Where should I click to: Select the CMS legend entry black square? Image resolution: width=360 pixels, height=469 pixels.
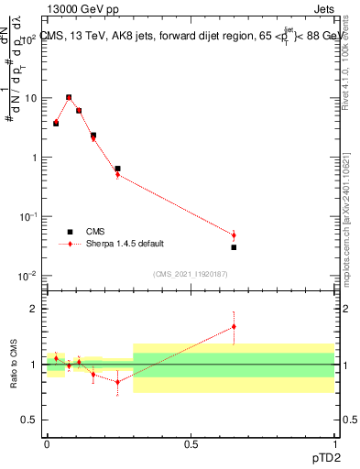pyautogui.click(x=69, y=232)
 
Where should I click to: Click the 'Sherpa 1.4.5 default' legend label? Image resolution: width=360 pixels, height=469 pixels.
pyautogui.click(x=122, y=245)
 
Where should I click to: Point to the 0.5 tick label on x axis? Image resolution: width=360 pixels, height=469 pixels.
pyautogui.click(x=190, y=443)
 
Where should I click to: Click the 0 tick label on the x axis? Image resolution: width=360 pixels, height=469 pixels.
pyautogui.click(x=47, y=443)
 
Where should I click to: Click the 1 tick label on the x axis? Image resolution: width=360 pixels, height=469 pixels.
pyautogui.click(x=334, y=443)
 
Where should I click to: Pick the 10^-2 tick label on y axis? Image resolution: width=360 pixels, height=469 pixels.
pyautogui.click(x=27, y=277)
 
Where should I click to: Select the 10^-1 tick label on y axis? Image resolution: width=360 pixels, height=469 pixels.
pyautogui.click(x=27, y=217)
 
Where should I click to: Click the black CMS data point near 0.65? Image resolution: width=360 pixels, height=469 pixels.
pyautogui.click(x=235, y=247)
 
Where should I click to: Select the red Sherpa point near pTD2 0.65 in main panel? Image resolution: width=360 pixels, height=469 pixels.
pyautogui.click(x=235, y=235)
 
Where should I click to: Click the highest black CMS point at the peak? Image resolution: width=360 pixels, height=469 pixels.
pyautogui.click(x=69, y=97)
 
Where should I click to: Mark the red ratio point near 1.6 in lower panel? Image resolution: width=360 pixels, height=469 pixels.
pyautogui.click(x=235, y=326)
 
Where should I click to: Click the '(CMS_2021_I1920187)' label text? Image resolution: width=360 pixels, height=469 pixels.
pyautogui.click(x=190, y=273)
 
